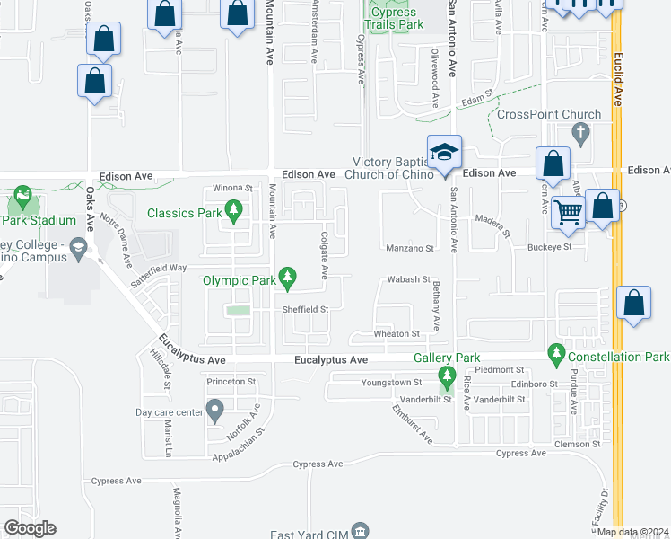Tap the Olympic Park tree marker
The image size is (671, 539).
click(288, 280)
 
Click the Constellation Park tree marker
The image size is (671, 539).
click(556, 357)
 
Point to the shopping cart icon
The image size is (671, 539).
click(567, 214)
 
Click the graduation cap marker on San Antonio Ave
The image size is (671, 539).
click(443, 152)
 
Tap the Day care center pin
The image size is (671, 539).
click(214, 412)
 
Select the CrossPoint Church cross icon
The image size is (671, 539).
click(580, 134)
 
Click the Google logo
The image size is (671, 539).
click(30, 528)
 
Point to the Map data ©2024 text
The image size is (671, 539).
click(632, 532)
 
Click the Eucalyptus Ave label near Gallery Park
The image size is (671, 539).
click(332, 360)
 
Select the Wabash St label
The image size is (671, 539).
click(409, 279)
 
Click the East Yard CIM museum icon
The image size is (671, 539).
click(361, 531)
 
